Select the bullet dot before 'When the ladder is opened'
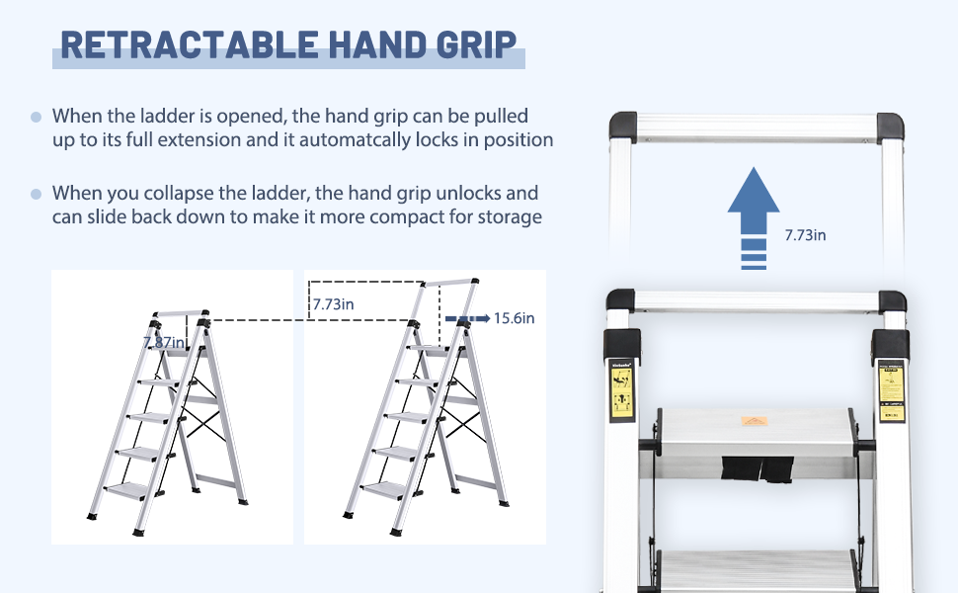point(36,117)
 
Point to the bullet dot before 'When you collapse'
point(36,194)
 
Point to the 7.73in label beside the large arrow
point(805,235)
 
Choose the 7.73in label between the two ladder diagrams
point(334,304)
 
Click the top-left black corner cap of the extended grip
point(623,127)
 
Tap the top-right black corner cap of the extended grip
point(889,127)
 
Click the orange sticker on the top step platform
point(756,421)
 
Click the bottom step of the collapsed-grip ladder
point(123,488)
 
